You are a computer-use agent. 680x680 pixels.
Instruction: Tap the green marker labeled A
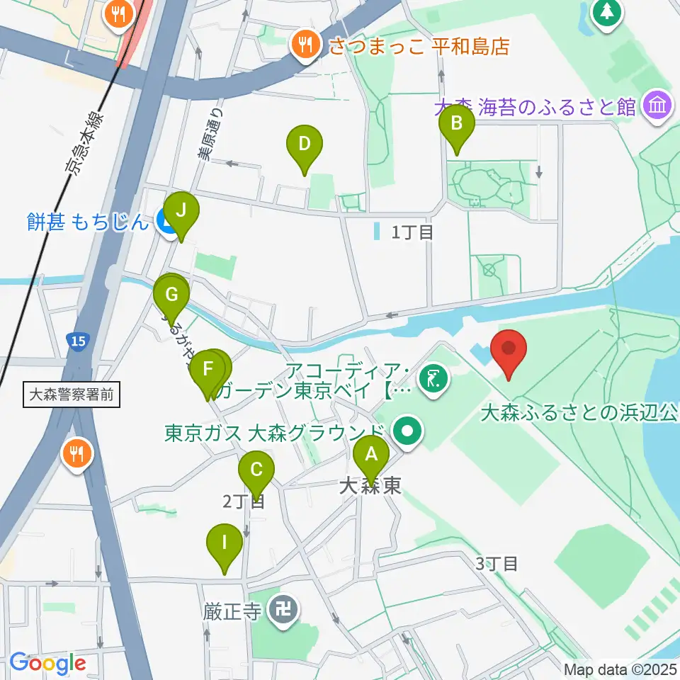coord(371,457)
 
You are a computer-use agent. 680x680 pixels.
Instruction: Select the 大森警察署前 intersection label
coord(72,395)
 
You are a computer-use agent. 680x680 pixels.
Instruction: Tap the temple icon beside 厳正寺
coord(285,609)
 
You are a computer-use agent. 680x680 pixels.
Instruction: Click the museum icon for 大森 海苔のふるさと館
coord(657,106)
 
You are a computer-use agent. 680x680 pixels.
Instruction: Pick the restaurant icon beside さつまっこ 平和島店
coord(306,45)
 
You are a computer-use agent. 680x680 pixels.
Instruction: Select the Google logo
coord(47,663)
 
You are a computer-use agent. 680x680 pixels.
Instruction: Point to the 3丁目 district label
coord(497,564)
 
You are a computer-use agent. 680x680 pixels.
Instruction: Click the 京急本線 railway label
coord(83,142)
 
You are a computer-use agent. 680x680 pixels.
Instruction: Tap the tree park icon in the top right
coord(607,13)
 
